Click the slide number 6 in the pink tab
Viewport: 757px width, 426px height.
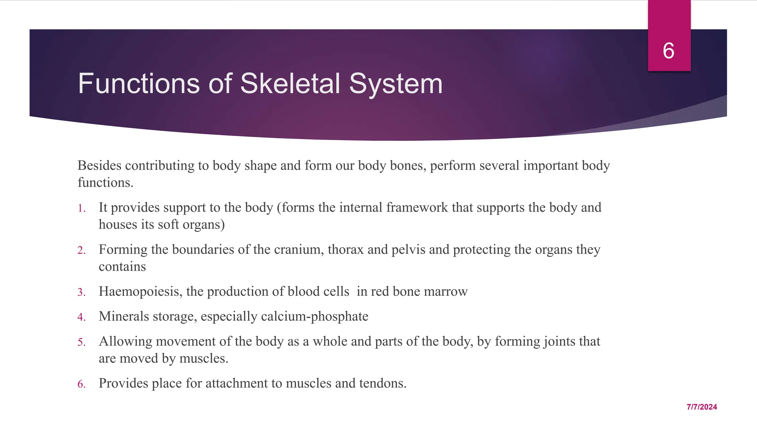(x=669, y=51)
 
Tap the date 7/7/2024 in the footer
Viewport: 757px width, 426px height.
(x=702, y=407)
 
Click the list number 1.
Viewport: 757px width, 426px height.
(x=81, y=209)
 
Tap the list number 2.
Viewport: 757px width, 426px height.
(x=81, y=251)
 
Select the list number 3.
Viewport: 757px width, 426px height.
(x=81, y=293)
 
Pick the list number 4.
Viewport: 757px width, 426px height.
(x=81, y=317)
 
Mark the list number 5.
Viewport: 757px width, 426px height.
(x=81, y=342)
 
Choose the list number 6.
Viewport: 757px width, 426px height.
(x=81, y=384)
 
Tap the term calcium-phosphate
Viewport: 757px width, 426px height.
(x=315, y=317)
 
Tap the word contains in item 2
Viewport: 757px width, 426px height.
(x=122, y=267)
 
